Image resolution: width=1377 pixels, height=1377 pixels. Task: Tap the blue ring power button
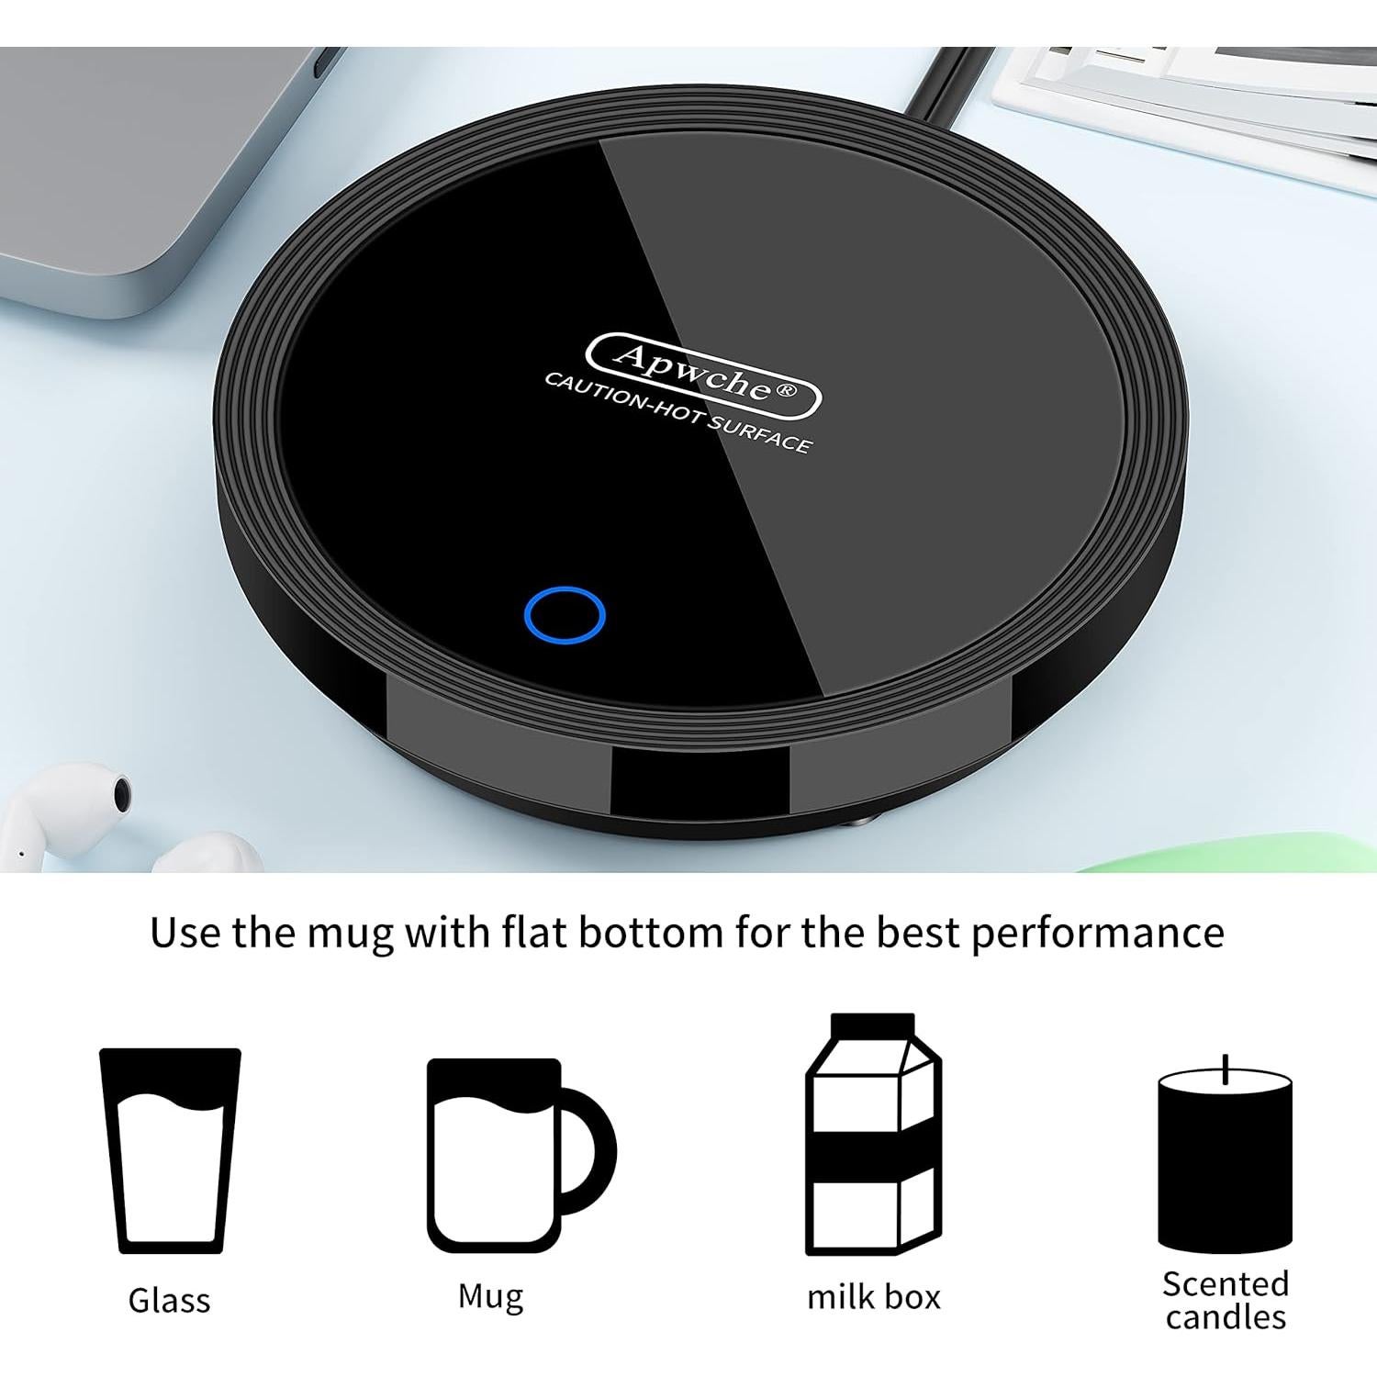coord(565,614)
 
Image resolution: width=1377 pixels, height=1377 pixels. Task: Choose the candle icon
coord(1225,1161)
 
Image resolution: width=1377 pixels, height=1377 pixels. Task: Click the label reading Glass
coord(169,1300)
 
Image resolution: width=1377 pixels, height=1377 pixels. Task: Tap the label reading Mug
coord(490,1296)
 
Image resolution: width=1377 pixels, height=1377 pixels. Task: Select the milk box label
coord(873,1297)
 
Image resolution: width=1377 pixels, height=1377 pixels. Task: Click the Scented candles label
coord(1226,1300)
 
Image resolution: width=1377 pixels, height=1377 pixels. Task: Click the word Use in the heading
coord(186,932)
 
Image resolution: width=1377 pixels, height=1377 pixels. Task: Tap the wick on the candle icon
coord(1226,1068)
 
